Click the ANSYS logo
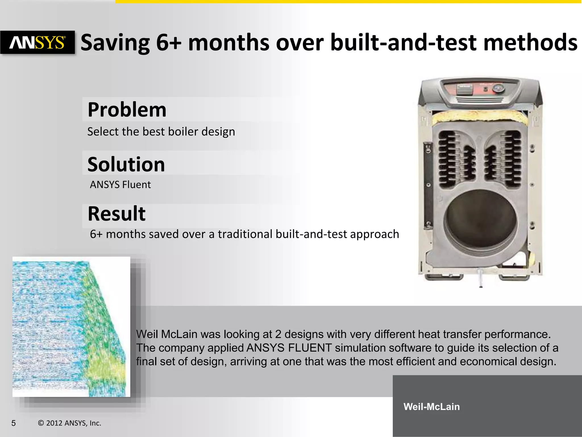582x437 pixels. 38,43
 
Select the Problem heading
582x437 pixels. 127,110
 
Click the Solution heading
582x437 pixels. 126,164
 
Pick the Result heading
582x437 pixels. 117,214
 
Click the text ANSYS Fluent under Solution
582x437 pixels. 120,185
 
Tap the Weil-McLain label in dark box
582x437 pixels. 431,407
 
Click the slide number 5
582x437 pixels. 13,423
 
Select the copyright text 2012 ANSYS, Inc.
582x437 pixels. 70,423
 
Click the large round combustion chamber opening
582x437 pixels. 480,219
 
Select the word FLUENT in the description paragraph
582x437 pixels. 309,348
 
